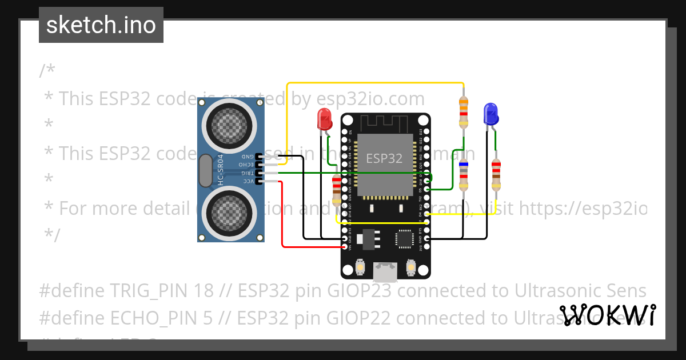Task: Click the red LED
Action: [x=325, y=119]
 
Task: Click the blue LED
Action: [x=490, y=114]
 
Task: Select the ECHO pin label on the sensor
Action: [x=247, y=165]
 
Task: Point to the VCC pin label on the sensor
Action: [x=247, y=181]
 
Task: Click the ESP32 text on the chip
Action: [x=384, y=158]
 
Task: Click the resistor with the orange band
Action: [x=464, y=112]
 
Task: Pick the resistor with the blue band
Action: [x=464, y=175]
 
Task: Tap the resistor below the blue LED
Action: [x=496, y=175]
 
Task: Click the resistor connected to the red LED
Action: [x=337, y=190]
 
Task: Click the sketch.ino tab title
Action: [x=101, y=25]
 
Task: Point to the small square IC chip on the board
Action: [x=405, y=238]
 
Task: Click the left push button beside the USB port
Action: [x=361, y=267]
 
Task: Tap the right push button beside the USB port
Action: [x=410, y=267]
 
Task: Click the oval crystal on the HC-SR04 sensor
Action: [x=205, y=172]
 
